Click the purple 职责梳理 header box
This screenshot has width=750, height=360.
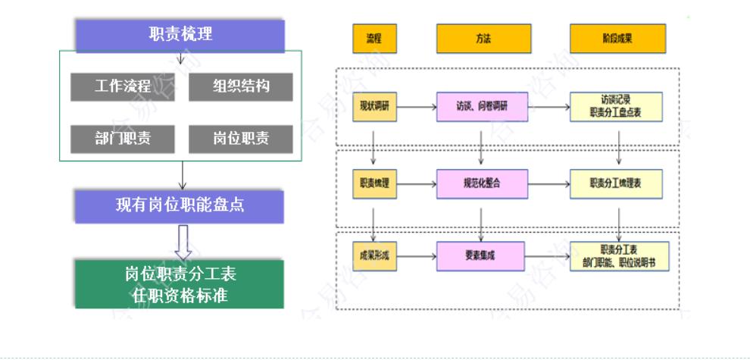pyautogui.click(x=180, y=35)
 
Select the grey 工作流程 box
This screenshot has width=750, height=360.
pyautogui.click(x=122, y=86)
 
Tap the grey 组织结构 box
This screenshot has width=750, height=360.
pyautogui.click(x=240, y=86)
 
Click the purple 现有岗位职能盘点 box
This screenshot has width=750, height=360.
pyautogui.click(x=180, y=206)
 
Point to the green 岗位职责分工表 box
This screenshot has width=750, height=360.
pyautogui.click(x=180, y=283)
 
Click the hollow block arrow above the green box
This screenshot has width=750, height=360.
pyautogui.click(x=182, y=241)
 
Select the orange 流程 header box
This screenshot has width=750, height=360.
pyautogui.click(x=374, y=39)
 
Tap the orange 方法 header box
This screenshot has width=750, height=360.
pyautogui.click(x=483, y=39)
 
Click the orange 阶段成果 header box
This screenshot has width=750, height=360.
pyautogui.click(x=617, y=39)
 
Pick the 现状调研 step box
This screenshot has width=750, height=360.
pyautogui.click(x=374, y=107)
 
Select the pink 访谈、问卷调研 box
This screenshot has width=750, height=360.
pyautogui.click(x=482, y=107)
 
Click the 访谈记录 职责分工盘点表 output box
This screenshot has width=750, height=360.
pyautogui.click(x=616, y=107)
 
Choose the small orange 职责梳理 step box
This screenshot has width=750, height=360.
pyautogui.click(x=374, y=183)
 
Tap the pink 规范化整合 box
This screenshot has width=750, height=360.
pyautogui.click(x=482, y=183)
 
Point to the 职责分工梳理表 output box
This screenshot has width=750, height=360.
pyautogui.click(x=616, y=183)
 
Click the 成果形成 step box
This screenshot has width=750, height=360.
pyautogui.click(x=374, y=256)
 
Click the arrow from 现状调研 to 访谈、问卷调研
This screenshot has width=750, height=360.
pyautogui.click(x=417, y=107)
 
